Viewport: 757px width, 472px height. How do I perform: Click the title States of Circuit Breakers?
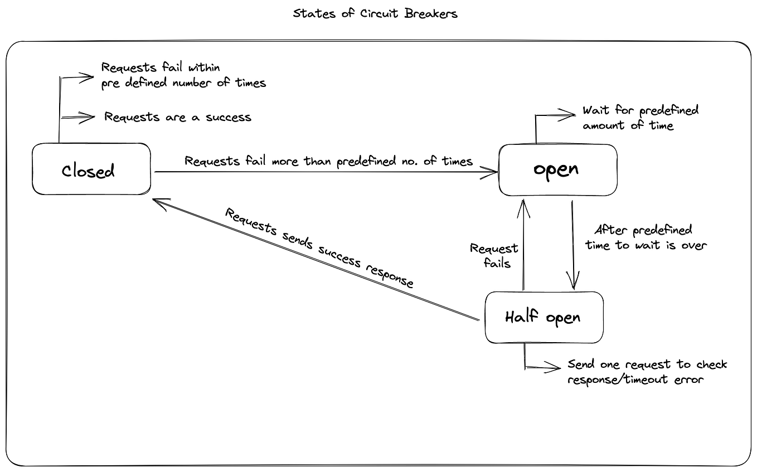(x=375, y=13)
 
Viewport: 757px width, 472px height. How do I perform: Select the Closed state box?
(x=91, y=169)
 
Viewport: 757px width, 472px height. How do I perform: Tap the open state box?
(x=557, y=169)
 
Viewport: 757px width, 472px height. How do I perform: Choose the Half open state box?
(x=544, y=317)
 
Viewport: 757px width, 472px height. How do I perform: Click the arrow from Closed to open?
(x=323, y=172)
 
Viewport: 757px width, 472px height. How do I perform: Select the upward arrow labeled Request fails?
(x=523, y=245)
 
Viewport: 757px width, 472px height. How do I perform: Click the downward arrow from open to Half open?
(x=573, y=245)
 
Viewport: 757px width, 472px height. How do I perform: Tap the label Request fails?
(x=494, y=255)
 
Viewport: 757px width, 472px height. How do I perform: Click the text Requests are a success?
(x=178, y=117)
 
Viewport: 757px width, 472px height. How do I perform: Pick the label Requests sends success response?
(x=319, y=248)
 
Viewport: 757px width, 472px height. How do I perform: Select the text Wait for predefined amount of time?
(x=640, y=118)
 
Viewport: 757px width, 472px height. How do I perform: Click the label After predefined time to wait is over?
(x=646, y=237)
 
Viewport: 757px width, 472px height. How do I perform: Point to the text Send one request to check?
(x=647, y=364)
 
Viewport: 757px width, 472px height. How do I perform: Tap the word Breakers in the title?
(x=430, y=13)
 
